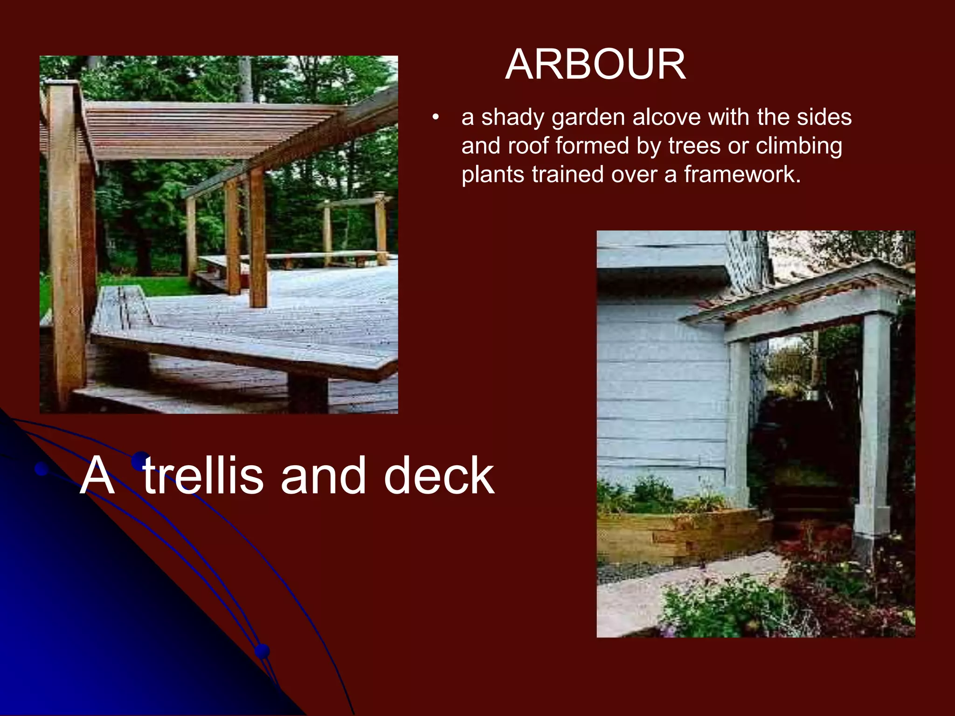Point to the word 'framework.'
(x=742, y=175)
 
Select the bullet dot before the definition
(x=436, y=118)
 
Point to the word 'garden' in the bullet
(x=588, y=117)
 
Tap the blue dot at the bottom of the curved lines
(x=262, y=650)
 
